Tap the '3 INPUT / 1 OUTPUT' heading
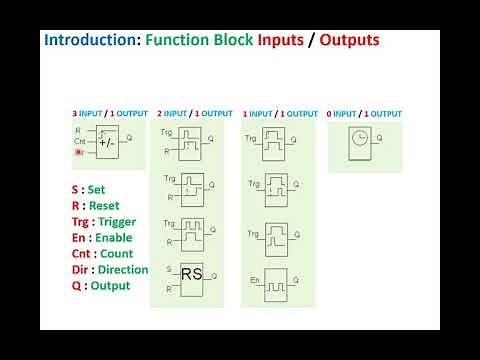click(109, 114)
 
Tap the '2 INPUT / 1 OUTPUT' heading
click(194, 114)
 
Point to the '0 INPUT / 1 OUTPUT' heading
click(364, 114)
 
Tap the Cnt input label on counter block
click(79, 141)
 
